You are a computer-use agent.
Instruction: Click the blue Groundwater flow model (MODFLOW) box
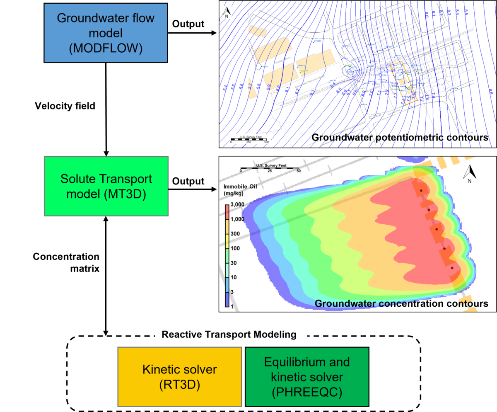(x=106, y=33)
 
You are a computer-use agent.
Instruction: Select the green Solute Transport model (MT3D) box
(x=106, y=186)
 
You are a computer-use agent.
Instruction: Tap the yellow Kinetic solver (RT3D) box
(x=179, y=377)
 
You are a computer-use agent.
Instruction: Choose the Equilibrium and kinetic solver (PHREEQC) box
(x=307, y=377)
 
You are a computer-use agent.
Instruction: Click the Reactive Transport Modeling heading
(x=229, y=334)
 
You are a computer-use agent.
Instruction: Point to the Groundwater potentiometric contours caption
(x=400, y=137)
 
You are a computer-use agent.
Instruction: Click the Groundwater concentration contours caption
(x=401, y=304)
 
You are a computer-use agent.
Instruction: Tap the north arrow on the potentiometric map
(x=227, y=13)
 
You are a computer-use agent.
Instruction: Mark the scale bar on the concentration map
(x=270, y=168)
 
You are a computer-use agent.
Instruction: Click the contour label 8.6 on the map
(x=490, y=92)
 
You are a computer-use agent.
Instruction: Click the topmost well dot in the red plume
(x=421, y=191)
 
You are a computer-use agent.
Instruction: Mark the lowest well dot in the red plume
(x=452, y=268)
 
